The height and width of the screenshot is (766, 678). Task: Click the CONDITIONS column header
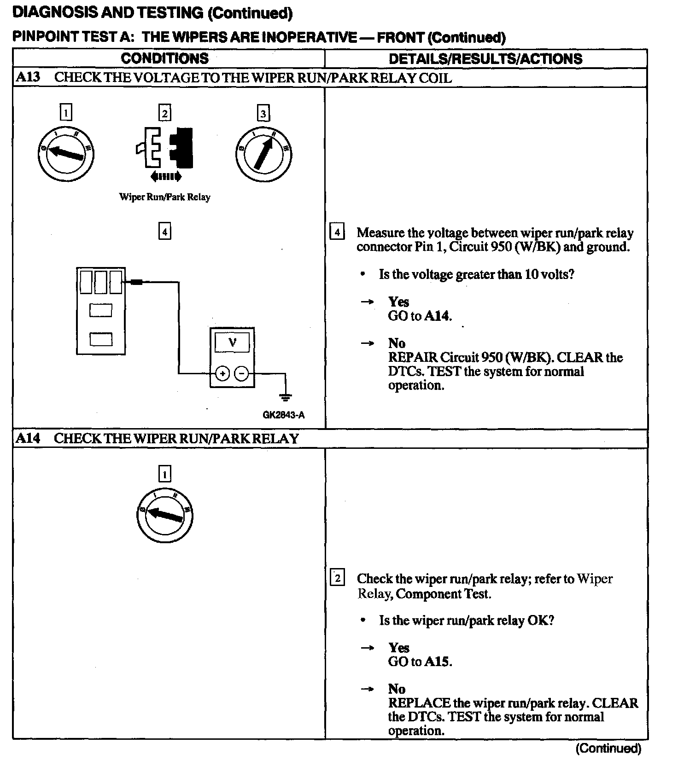164,58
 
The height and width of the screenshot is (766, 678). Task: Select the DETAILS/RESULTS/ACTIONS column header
485,59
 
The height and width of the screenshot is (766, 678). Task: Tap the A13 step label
28,77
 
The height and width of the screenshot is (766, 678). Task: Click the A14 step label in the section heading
28,438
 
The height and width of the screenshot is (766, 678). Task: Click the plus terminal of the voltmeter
222,373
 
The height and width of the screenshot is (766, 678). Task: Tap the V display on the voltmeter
232,342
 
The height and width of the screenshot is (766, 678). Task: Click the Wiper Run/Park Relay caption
164,197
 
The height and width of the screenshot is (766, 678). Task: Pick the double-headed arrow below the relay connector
166,176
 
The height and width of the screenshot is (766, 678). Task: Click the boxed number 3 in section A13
263,113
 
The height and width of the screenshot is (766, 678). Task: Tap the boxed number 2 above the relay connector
164,113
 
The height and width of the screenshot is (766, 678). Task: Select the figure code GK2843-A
283,415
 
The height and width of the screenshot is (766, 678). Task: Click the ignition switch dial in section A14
164,515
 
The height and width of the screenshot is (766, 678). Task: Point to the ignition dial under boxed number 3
263,154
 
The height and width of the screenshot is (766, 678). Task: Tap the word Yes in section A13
398,302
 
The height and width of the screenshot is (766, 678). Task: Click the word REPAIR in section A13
412,357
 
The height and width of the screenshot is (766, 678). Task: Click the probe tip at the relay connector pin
136,281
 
